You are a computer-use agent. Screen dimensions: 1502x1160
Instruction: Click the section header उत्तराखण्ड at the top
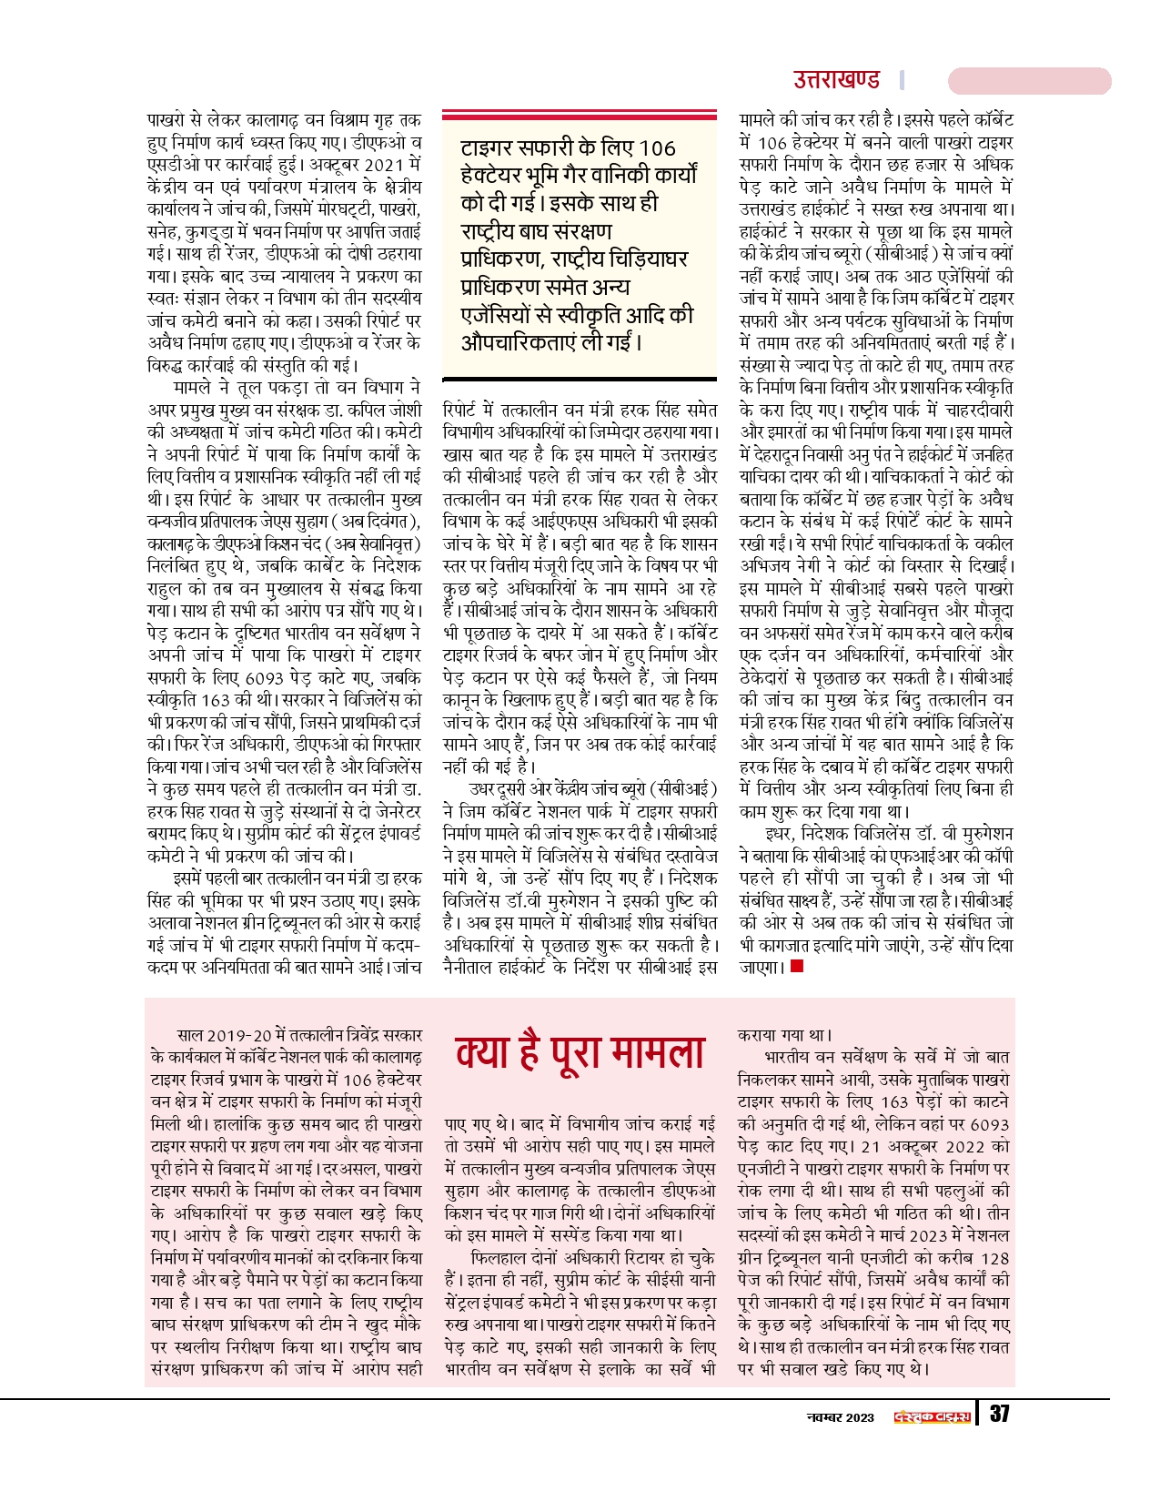click(x=836, y=80)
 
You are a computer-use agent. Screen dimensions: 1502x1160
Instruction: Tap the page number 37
click(x=1000, y=1414)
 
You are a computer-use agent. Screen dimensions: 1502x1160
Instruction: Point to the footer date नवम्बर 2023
click(x=841, y=1416)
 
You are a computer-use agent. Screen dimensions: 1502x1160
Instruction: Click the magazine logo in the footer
click(x=932, y=1416)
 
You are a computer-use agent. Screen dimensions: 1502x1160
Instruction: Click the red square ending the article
click(x=797, y=966)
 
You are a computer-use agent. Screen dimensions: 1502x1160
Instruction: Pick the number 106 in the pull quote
click(x=657, y=148)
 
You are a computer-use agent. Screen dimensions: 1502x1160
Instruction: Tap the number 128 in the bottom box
click(x=995, y=1259)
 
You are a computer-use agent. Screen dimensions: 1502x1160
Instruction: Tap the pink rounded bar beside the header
click(x=1029, y=80)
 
